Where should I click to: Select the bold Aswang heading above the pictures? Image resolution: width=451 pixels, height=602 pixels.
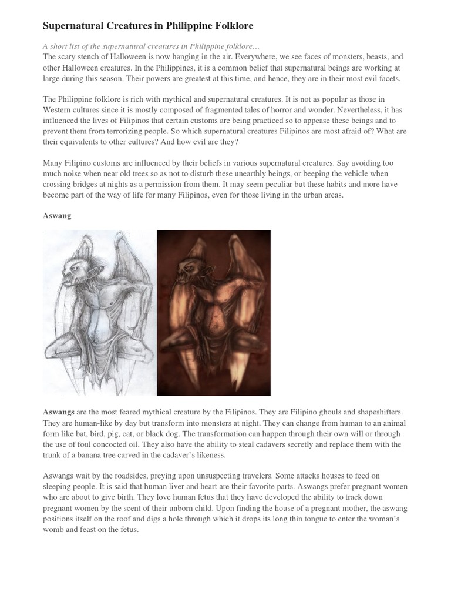click(x=57, y=216)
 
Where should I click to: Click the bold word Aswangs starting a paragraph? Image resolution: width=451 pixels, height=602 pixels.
click(x=59, y=413)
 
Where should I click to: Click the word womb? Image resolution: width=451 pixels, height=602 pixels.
click(x=53, y=529)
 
